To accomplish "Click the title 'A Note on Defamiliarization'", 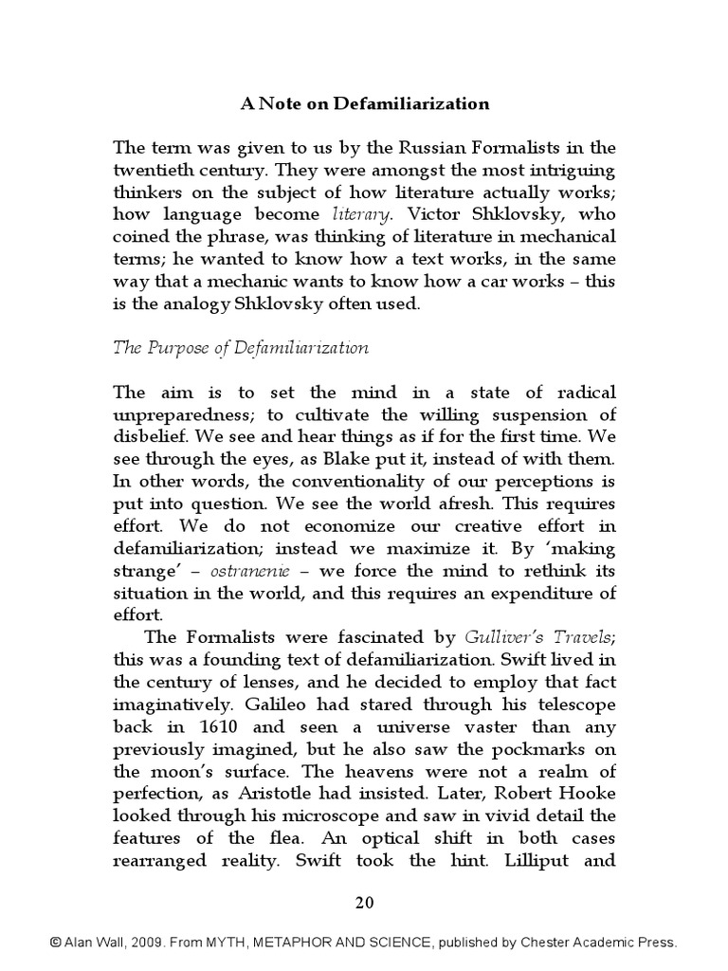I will point(364,104).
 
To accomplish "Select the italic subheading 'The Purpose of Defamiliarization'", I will point(241,347).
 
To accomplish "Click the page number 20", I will point(364,902).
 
